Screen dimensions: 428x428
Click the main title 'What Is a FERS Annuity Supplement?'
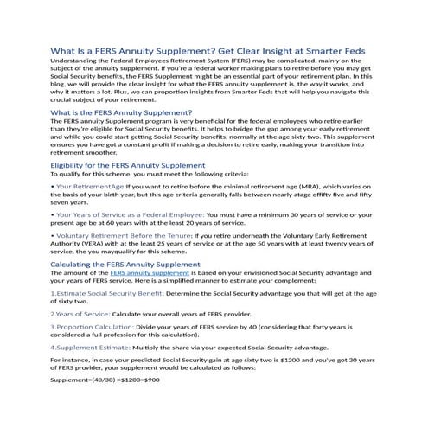click(138, 50)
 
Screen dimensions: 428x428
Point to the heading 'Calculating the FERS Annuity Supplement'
click(125, 264)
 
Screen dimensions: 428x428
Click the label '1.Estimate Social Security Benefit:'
click(104, 294)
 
